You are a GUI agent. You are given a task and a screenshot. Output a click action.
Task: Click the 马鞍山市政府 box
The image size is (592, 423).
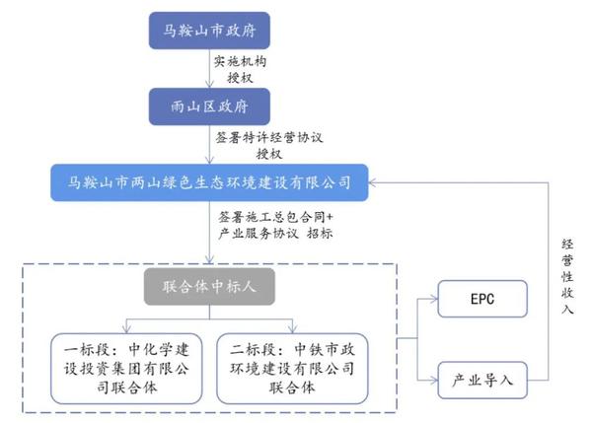click(x=208, y=31)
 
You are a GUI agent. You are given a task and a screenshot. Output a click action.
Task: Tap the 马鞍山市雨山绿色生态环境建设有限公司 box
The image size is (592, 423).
click(x=209, y=182)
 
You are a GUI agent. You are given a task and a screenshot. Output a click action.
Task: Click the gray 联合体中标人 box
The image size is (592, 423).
click(x=208, y=289)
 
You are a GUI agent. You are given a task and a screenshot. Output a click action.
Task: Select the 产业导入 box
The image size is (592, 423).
click(x=481, y=378)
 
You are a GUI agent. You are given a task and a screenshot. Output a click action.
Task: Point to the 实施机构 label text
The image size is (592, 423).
click(x=240, y=60)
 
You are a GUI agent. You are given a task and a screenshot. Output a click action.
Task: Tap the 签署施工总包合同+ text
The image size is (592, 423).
click(x=272, y=213)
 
